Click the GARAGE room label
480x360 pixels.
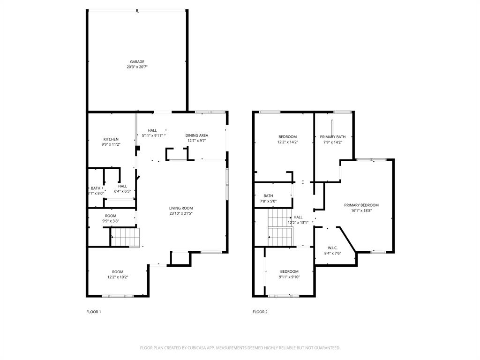click(x=137, y=62)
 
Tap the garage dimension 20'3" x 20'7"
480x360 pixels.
click(x=137, y=67)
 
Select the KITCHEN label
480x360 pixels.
click(x=111, y=139)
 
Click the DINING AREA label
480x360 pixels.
click(x=196, y=135)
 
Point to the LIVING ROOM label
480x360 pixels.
click(x=181, y=208)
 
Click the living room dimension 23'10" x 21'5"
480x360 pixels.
click(x=181, y=213)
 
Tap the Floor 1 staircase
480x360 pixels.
click(x=126, y=237)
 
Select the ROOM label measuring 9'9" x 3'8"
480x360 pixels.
click(x=111, y=216)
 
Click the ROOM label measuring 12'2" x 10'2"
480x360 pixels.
click(x=117, y=272)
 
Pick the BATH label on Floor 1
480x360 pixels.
click(x=96, y=188)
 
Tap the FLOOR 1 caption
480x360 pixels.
click(x=94, y=312)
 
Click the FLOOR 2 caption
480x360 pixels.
click(x=260, y=312)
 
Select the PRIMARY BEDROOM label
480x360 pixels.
click(x=361, y=205)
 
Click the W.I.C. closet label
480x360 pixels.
click(x=333, y=248)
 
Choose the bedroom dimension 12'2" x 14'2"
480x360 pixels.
click(x=288, y=142)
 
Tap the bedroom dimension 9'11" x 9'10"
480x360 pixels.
click(x=289, y=277)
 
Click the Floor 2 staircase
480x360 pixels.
click(x=280, y=227)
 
